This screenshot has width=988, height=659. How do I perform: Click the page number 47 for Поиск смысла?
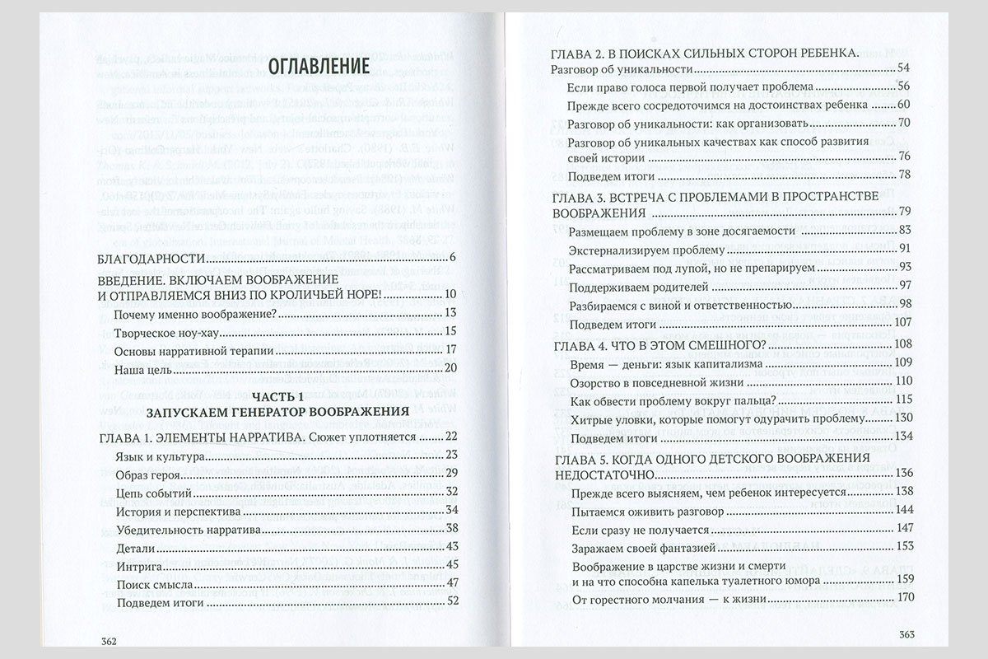point(450,583)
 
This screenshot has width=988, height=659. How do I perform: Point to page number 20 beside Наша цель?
point(450,368)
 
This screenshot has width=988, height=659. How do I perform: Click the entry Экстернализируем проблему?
point(635,249)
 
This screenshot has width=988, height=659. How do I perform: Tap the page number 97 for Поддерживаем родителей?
point(904,286)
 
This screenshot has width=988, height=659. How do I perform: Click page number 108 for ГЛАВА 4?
point(901,344)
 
